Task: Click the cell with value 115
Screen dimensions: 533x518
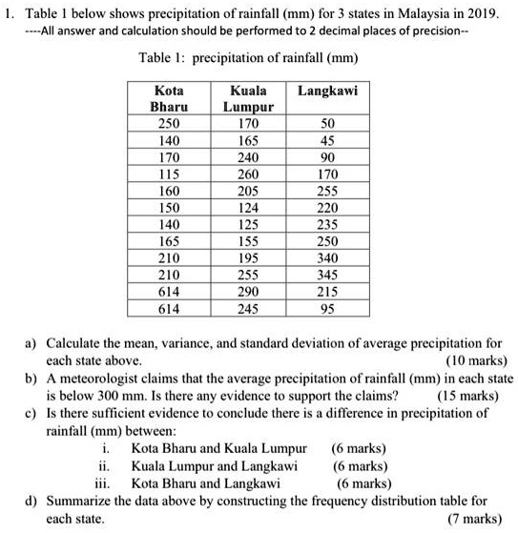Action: pos(168,175)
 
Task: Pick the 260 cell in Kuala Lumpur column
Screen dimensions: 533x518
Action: pos(247,175)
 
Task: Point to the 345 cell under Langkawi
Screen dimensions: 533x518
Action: pos(326,274)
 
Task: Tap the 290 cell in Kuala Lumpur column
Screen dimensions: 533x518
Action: pos(247,290)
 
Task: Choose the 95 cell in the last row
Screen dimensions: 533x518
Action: pos(326,306)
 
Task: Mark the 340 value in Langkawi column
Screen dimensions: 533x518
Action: pos(326,257)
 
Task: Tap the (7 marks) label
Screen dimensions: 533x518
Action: pos(474,518)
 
